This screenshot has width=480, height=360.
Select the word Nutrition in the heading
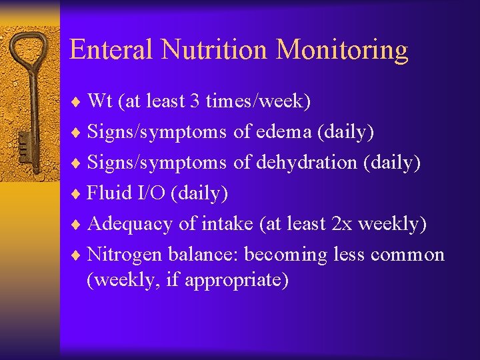tap(215, 50)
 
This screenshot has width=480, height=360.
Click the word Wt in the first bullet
tap(100, 101)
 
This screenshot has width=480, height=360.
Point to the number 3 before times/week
tap(194, 101)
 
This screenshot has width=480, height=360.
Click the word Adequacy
tap(131, 225)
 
